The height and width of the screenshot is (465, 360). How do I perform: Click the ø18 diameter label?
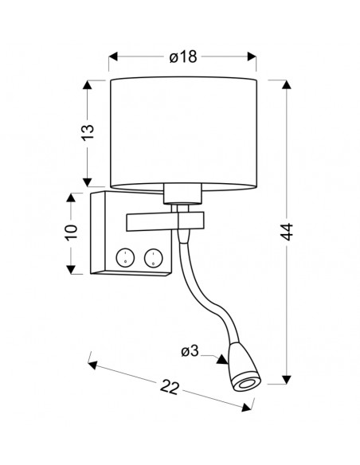(183, 57)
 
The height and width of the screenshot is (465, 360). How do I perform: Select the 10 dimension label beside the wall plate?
(71, 232)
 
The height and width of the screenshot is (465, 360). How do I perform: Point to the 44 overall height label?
(287, 232)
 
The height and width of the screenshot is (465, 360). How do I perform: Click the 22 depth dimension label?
(170, 387)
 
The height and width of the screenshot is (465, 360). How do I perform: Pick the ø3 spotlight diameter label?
(190, 352)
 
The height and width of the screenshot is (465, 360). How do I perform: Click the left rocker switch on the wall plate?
(125, 257)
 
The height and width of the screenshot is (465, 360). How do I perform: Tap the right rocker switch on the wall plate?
(153, 257)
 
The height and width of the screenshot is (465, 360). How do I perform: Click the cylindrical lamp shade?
(183, 133)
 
